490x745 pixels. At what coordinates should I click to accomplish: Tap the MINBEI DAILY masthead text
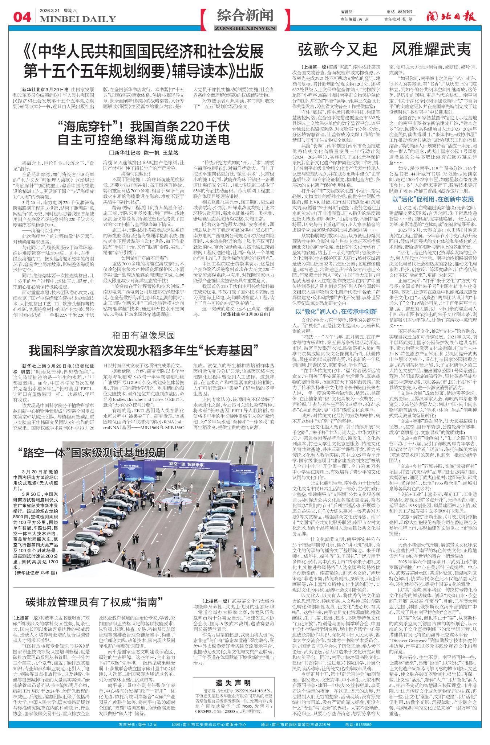pyautogui.click(x=78, y=19)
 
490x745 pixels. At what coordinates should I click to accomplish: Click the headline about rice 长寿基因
pyautogui.click(x=144, y=351)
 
